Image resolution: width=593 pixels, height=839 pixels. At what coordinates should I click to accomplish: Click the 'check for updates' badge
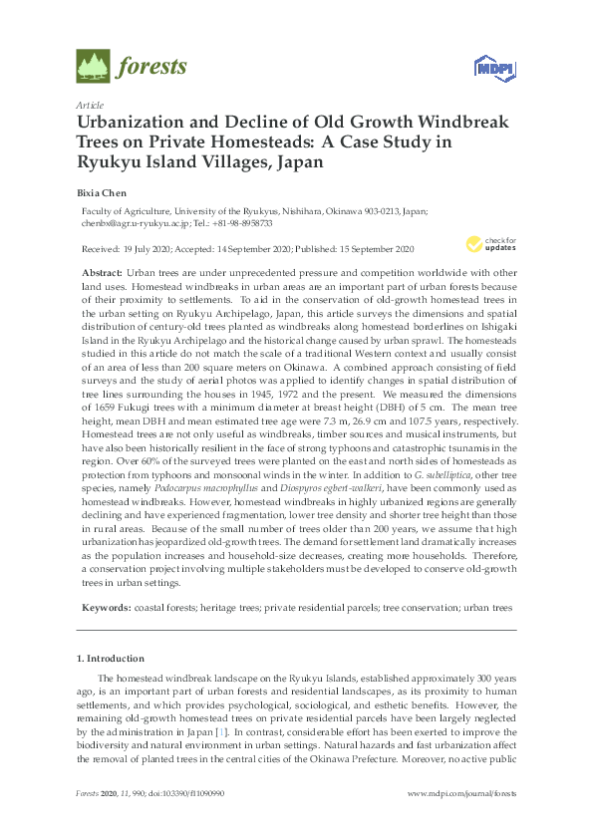tap(489, 244)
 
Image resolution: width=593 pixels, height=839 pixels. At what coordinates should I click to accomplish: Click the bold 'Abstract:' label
tap(103, 272)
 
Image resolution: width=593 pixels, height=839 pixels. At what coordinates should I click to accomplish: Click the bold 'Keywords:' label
tap(106, 607)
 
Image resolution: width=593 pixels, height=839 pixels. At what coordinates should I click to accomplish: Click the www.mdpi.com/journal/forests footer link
tap(462, 793)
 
